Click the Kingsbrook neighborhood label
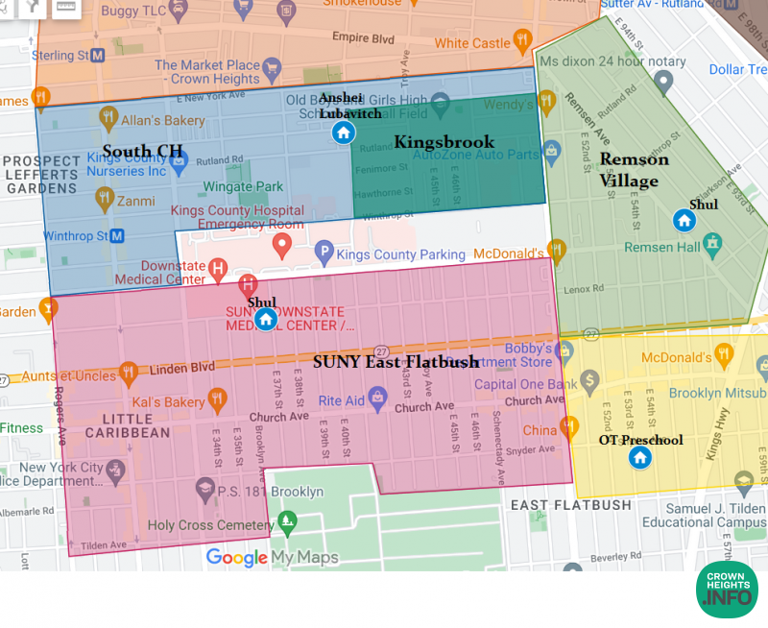[x=444, y=142]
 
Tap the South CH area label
[x=142, y=151]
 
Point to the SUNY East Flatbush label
[x=396, y=361]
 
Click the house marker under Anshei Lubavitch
[x=341, y=133]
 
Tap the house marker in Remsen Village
[x=684, y=221]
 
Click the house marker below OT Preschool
[x=640, y=457]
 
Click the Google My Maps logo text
[x=272, y=557]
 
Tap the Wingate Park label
[x=242, y=186]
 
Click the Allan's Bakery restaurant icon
[x=108, y=118]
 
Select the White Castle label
[x=471, y=43]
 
